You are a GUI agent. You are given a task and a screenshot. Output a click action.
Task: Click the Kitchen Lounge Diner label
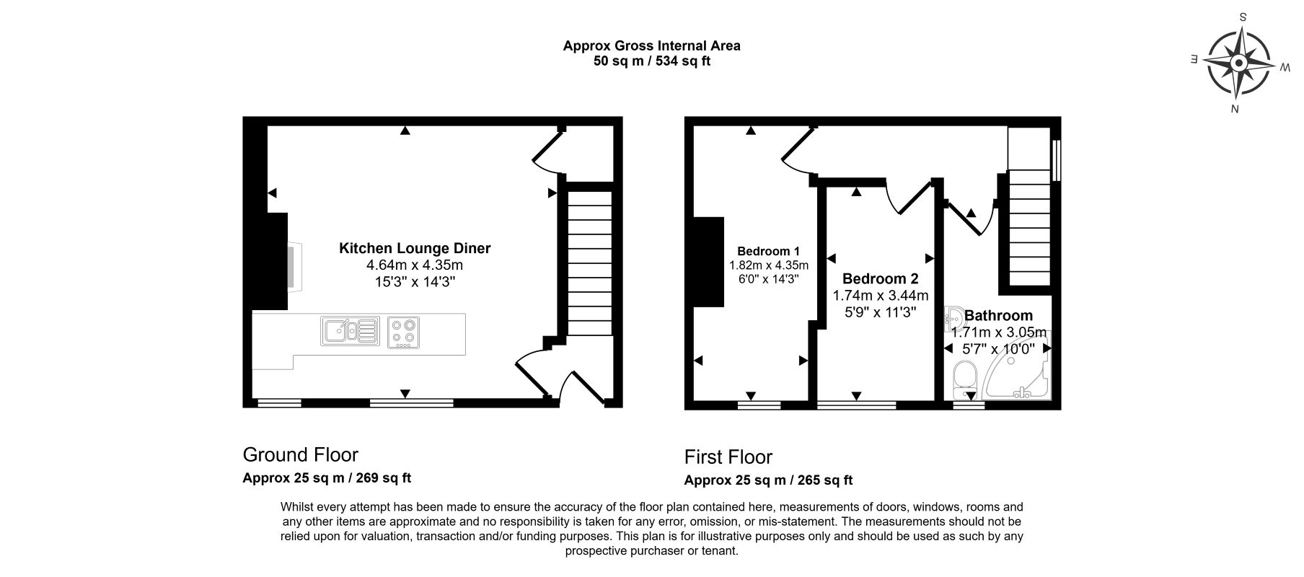(x=415, y=249)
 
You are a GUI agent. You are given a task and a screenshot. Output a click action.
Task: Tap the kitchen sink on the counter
(x=350, y=331)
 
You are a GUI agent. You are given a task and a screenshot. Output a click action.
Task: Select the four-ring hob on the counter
(x=403, y=332)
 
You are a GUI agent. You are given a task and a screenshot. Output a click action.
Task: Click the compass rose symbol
(x=1238, y=64)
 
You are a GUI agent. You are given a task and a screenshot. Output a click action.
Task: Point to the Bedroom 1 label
(x=769, y=252)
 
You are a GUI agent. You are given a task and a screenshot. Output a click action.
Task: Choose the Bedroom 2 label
(x=880, y=278)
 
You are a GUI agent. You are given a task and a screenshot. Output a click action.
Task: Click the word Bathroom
(x=998, y=315)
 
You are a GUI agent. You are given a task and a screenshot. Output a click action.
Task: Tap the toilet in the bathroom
(x=964, y=380)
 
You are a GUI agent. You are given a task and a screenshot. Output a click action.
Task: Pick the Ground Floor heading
(x=300, y=454)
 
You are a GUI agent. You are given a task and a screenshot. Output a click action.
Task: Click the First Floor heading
(x=728, y=457)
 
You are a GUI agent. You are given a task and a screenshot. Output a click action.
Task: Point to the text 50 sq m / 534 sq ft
(x=651, y=61)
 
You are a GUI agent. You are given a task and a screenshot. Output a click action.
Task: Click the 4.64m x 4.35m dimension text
(x=415, y=265)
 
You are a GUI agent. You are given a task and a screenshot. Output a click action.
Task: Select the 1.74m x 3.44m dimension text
(x=881, y=296)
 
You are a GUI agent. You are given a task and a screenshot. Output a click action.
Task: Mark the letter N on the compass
(x=1235, y=110)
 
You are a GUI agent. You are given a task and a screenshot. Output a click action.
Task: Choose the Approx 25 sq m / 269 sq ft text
(x=327, y=477)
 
